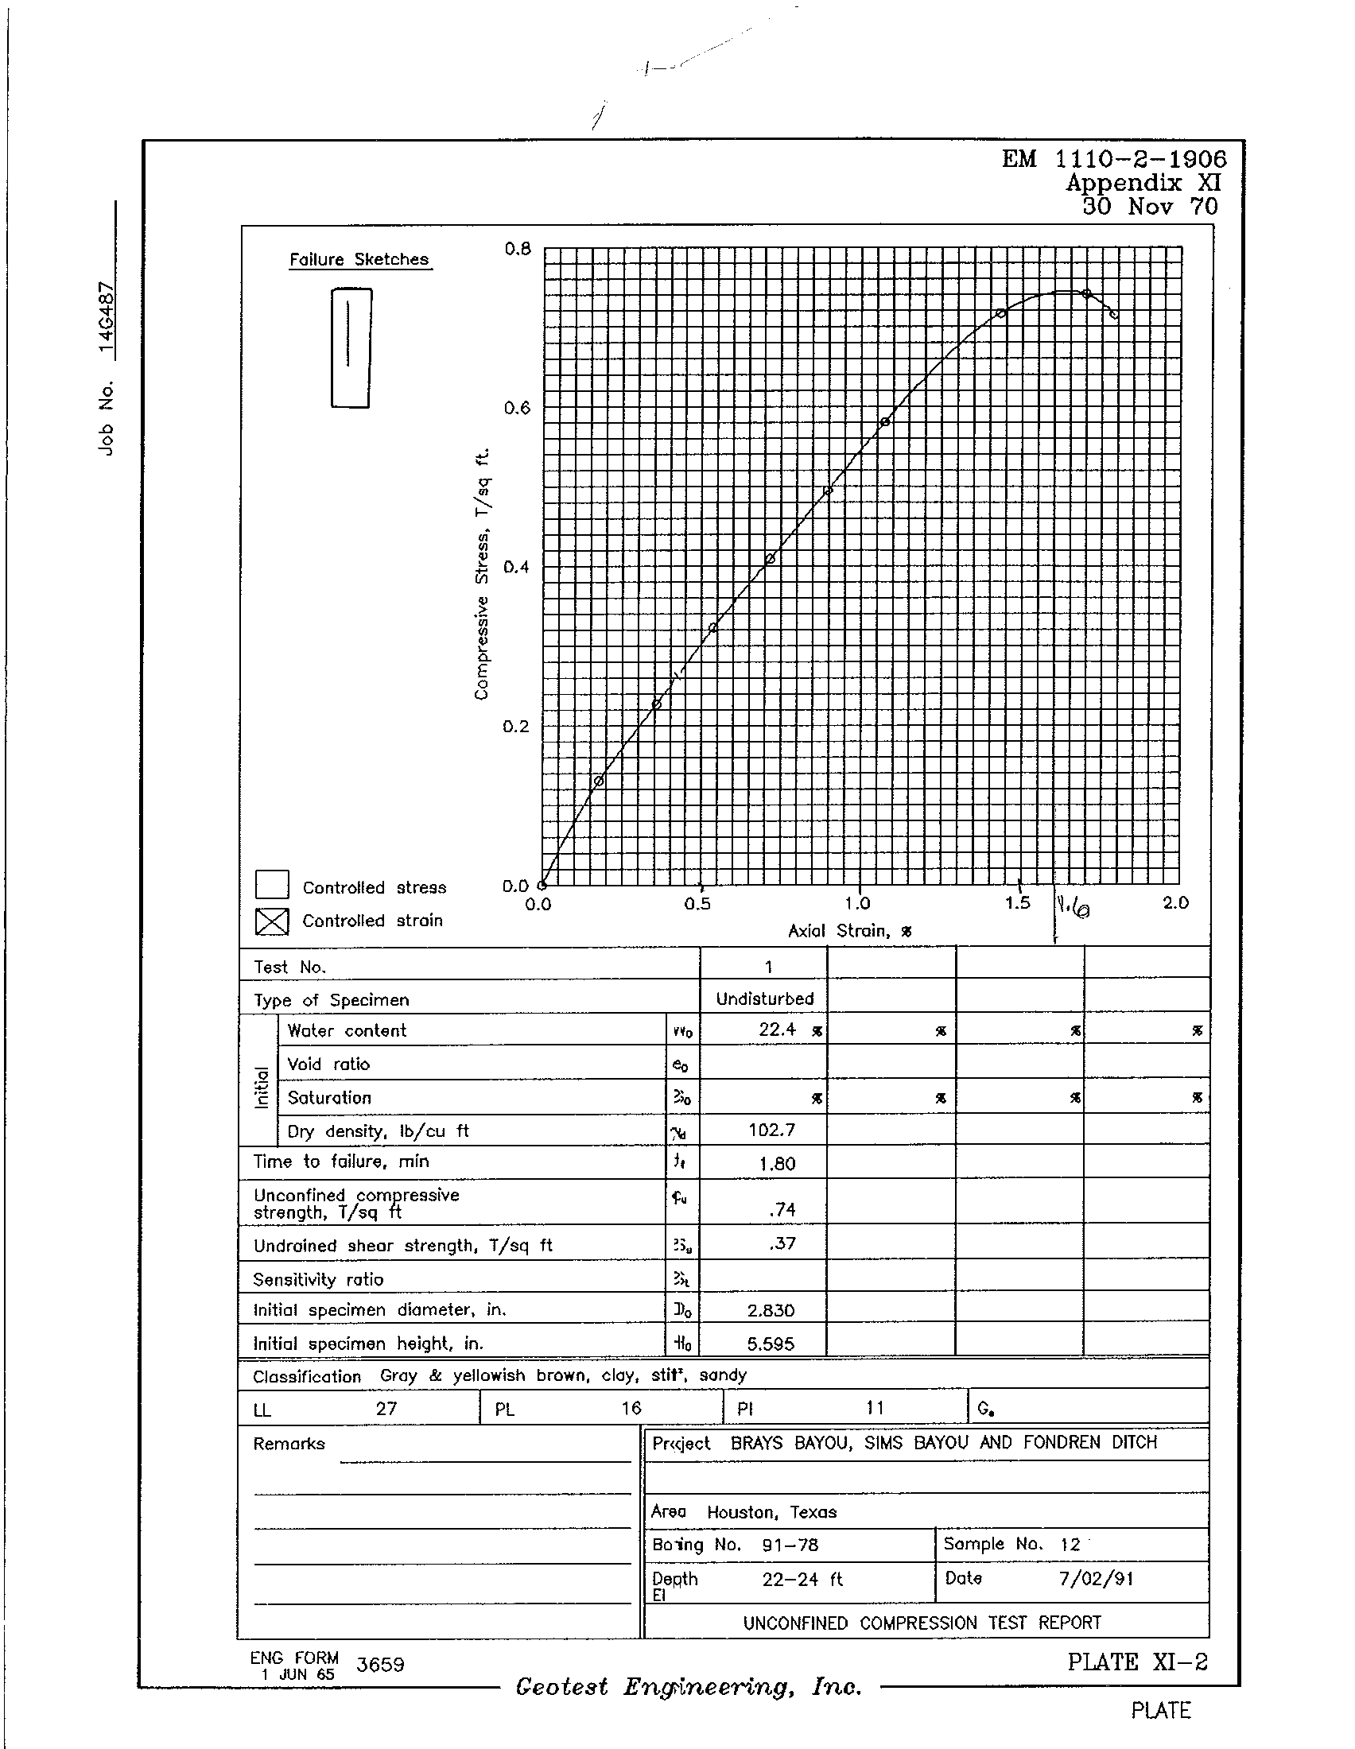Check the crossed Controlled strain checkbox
click(271, 921)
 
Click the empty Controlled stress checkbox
click(271, 885)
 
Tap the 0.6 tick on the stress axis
click(518, 409)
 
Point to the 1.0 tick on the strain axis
click(858, 903)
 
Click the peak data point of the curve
click(1087, 294)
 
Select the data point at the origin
click(542, 885)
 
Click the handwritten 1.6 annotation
click(1074, 908)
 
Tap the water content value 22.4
click(777, 1030)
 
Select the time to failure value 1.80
click(777, 1164)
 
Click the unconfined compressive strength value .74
click(781, 1209)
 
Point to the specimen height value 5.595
click(771, 1344)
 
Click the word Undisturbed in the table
click(765, 999)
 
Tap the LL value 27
click(386, 1409)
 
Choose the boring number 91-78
click(790, 1545)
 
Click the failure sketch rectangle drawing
click(351, 347)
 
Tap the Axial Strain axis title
click(850, 931)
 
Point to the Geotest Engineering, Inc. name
click(688, 1687)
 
